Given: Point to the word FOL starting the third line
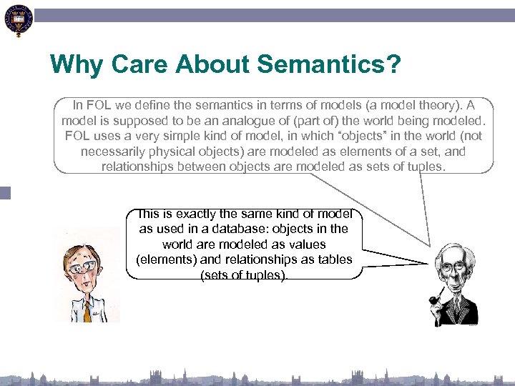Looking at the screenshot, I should [77, 136].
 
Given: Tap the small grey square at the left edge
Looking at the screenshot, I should [5, 192].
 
